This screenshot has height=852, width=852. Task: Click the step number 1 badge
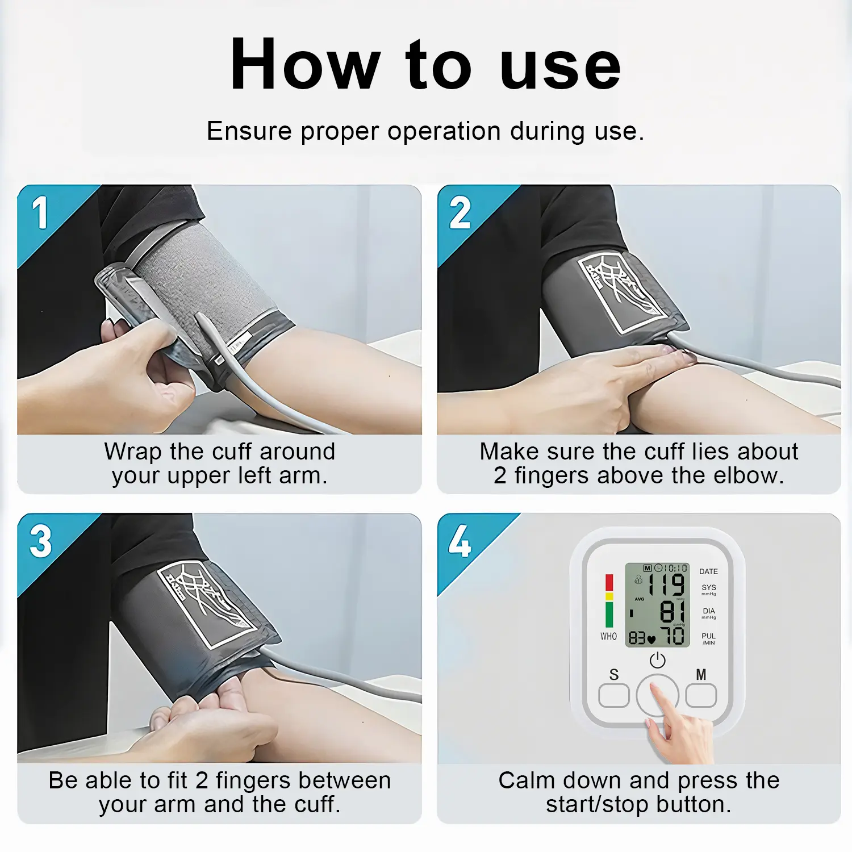(x=40, y=213)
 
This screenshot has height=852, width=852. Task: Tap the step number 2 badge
(x=460, y=213)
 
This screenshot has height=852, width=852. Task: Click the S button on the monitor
(x=614, y=695)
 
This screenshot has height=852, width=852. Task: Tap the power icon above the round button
(x=658, y=660)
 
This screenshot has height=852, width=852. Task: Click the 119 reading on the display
(x=667, y=584)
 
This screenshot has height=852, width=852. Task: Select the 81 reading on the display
(x=673, y=611)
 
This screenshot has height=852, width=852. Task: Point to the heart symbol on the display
(x=651, y=640)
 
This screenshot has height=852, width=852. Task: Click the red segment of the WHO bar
(x=609, y=583)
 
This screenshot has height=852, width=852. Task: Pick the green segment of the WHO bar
(x=609, y=615)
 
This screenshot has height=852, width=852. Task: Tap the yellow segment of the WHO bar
(x=609, y=596)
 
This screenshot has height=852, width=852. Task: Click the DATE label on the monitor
(x=708, y=571)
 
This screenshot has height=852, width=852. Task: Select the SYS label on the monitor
(x=709, y=587)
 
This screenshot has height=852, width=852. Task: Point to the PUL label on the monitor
(x=708, y=636)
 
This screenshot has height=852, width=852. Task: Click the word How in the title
(x=305, y=64)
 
